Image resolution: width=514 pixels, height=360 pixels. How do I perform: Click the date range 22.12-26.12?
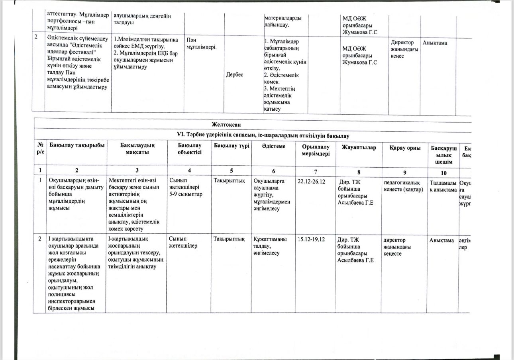[x=312, y=182]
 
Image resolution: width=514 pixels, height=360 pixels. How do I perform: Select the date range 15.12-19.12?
[x=311, y=239]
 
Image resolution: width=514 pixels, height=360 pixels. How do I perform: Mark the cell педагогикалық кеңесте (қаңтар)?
[x=403, y=186]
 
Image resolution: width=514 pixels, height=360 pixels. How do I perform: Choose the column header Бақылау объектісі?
[x=190, y=149]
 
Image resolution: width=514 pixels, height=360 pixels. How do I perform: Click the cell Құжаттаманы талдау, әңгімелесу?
[x=271, y=246]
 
